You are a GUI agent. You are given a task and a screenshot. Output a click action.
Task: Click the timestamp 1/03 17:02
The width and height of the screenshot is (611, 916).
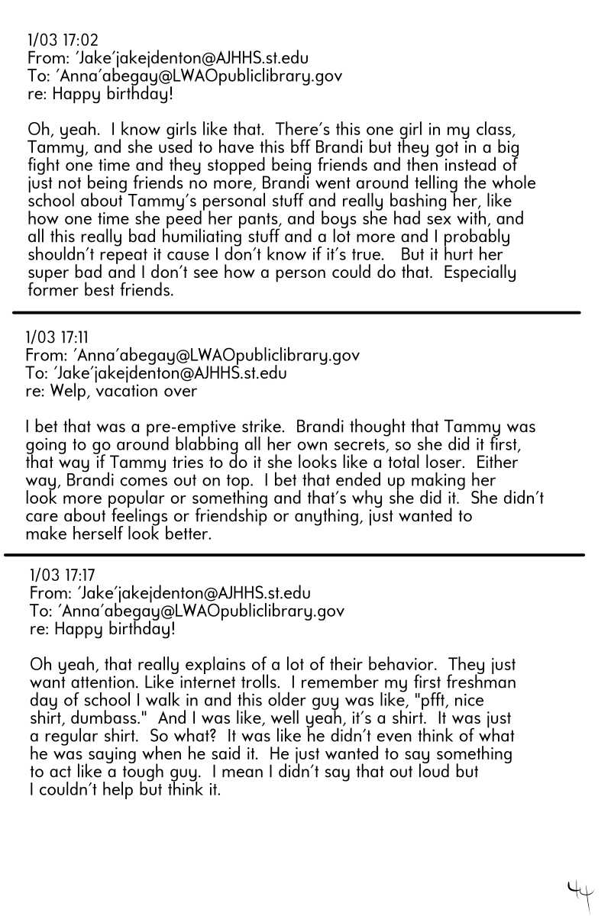click(x=63, y=40)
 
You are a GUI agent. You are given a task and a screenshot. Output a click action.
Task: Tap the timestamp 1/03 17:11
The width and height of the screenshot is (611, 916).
click(x=60, y=337)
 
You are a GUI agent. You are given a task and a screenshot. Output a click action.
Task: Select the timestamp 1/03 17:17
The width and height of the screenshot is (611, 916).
click(x=63, y=575)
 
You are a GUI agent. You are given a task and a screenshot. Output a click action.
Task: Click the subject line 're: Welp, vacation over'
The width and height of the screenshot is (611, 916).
click(x=112, y=392)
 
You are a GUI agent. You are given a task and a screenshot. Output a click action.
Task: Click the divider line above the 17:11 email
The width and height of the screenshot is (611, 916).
click(x=296, y=312)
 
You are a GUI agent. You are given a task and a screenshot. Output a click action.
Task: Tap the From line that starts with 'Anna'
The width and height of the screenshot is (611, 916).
click(x=192, y=356)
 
